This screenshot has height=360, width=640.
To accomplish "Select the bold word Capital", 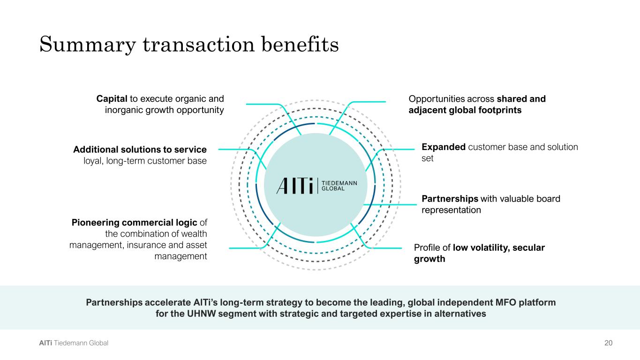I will (112, 99).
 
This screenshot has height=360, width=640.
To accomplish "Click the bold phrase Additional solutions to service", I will (140, 150).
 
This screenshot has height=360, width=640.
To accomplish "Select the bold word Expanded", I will (444, 147).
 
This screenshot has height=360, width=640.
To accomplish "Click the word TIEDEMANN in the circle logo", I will (339, 183).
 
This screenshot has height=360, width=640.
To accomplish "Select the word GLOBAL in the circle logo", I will (332, 189).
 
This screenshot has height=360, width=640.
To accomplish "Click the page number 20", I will (608, 343).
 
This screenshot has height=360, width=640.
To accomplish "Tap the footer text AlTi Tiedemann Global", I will (74, 343).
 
